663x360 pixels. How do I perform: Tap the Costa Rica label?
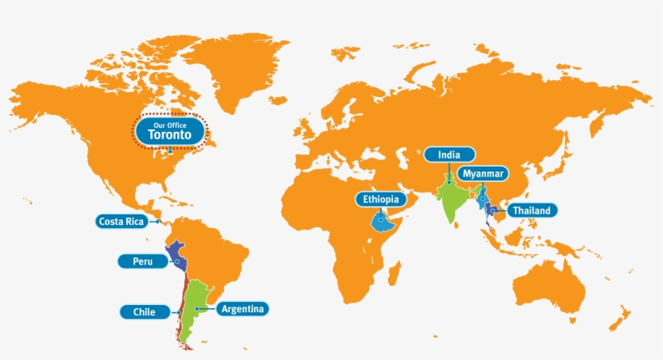pos(120,221)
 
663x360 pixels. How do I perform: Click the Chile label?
pos(139,311)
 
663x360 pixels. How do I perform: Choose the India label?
pos(449,155)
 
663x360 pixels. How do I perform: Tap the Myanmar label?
pos(484,174)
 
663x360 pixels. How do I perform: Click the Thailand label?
pos(531,211)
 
